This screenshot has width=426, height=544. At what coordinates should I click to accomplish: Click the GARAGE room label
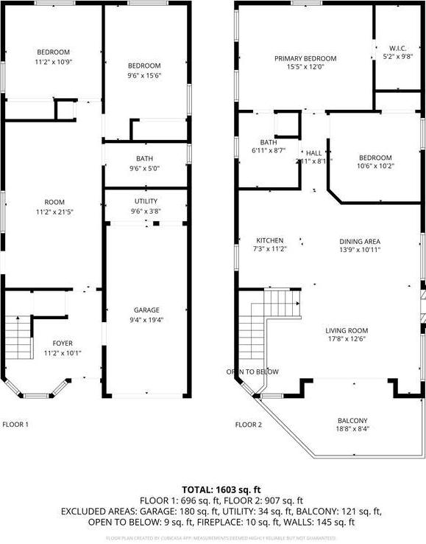pyautogui.click(x=146, y=310)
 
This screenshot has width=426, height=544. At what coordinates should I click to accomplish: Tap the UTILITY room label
pyautogui.click(x=146, y=201)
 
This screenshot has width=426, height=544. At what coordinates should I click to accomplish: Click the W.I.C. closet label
pyautogui.click(x=397, y=49)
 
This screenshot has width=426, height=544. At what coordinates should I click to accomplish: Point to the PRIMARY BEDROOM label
pyautogui.click(x=305, y=59)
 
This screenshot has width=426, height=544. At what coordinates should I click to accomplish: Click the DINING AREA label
pyautogui.click(x=360, y=241)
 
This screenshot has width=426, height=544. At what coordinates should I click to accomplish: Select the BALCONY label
pyautogui.click(x=352, y=421)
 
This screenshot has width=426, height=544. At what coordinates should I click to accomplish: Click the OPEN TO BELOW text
pyautogui.click(x=252, y=372)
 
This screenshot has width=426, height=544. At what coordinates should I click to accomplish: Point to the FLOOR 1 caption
pyautogui.click(x=15, y=425)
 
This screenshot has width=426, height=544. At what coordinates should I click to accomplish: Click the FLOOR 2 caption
pyautogui.click(x=248, y=425)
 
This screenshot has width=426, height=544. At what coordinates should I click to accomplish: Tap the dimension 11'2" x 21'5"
pyautogui.click(x=54, y=212)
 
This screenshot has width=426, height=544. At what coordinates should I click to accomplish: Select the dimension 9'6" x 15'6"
pyautogui.click(x=146, y=75)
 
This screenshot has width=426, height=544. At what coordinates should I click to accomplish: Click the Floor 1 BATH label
pyautogui.click(x=144, y=158)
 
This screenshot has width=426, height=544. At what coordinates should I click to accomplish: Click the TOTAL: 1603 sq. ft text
pyautogui.click(x=213, y=489)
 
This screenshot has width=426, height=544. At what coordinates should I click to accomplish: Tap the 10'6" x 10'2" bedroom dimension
pyautogui.click(x=376, y=167)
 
